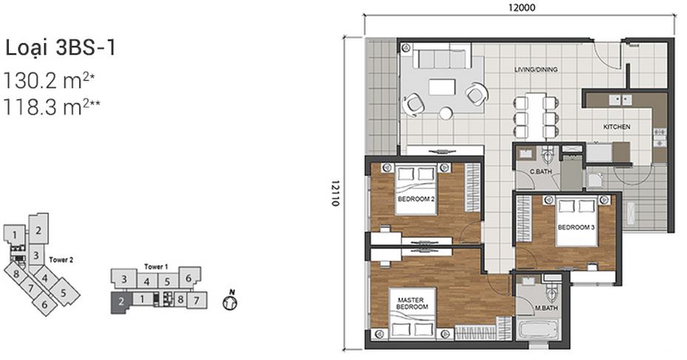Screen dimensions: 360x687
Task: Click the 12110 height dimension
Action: pyautogui.click(x=334, y=194)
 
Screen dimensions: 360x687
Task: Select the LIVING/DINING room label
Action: pyautogui.click(x=535, y=70)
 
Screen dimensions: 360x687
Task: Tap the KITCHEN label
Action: pyautogui.click(x=616, y=127)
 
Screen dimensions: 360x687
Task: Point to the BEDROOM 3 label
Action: pyautogui.click(x=576, y=227)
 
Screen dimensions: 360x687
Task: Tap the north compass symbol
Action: pyautogui.click(x=229, y=302)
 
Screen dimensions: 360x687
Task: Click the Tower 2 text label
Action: pyautogui.click(x=61, y=260)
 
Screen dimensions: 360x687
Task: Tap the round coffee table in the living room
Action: pyautogui.click(x=446, y=113)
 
